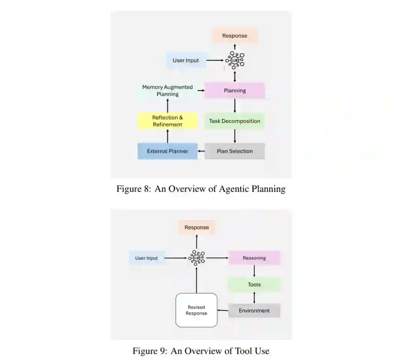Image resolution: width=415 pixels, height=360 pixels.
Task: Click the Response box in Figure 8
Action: pos(235,36)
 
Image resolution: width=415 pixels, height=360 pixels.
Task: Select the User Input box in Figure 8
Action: pos(186,60)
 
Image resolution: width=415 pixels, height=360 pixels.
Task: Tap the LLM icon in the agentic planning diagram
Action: pos(235,60)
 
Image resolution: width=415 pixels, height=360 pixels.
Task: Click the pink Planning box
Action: pos(235,91)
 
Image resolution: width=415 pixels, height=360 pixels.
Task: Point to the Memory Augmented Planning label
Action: pos(168,91)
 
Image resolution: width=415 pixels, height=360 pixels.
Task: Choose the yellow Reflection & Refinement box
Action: pos(168,121)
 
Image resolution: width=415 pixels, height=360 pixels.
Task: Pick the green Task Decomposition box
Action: pos(235,121)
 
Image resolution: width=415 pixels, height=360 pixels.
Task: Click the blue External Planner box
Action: pos(168,151)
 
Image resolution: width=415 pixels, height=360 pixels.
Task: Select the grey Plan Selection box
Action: pos(235,151)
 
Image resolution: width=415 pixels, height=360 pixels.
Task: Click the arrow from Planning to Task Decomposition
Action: pos(235,105)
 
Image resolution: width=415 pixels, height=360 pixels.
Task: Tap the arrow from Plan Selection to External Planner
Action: pos(201,152)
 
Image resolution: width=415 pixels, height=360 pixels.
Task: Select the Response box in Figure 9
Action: pos(196,227)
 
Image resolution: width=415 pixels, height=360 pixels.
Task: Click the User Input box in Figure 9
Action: pos(146,258)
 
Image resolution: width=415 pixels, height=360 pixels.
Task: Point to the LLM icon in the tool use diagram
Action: pos(197,258)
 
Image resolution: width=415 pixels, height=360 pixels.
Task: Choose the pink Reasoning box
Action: pos(254,258)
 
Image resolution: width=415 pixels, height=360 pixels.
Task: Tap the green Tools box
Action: pos(254,285)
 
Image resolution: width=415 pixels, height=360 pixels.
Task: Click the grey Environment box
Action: pos(254,311)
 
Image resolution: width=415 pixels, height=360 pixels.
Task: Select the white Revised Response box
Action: pos(197,310)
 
